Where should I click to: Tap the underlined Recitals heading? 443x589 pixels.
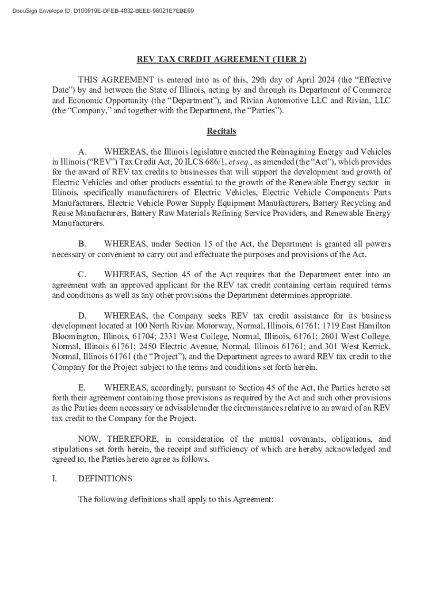click(x=221, y=131)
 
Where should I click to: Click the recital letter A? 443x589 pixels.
click(x=82, y=152)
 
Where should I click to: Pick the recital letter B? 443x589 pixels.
click(x=82, y=244)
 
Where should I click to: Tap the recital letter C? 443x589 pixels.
click(x=82, y=275)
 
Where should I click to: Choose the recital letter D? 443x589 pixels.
click(x=82, y=316)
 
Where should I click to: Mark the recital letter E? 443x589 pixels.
click(x=82, y=388)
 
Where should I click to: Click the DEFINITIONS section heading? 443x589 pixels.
click(x=105, y=479)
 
